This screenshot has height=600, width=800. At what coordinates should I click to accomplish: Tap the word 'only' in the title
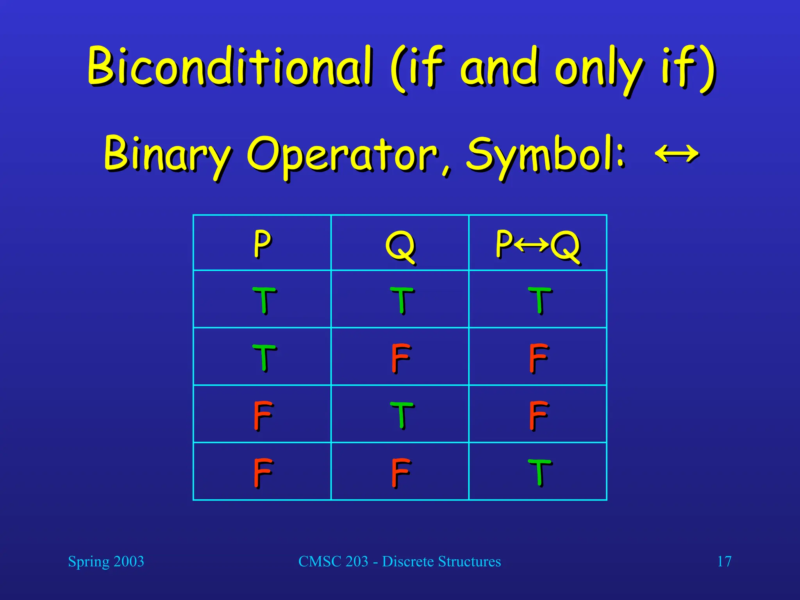(599, 70)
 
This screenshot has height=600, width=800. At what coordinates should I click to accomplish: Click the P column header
(262, 244)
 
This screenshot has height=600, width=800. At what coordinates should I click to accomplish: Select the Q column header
(400, 246)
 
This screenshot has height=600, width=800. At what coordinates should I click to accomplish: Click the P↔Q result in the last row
(540, 473)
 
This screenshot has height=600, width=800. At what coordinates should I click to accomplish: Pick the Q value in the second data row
(401, 358)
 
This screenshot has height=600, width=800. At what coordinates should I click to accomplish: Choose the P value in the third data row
(263, 415)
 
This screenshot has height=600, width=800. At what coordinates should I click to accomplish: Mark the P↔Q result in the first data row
(540, 300)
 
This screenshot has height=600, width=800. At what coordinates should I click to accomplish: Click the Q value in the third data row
(402, 415)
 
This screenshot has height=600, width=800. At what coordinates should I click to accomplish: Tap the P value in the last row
(263, 473)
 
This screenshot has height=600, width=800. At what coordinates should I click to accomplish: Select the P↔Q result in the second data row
(539, 358)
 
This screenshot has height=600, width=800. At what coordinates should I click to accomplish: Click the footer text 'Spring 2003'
(106, 562)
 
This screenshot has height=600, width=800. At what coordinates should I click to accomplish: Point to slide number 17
(724, 561)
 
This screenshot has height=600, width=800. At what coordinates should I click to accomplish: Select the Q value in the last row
(401, 473)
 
